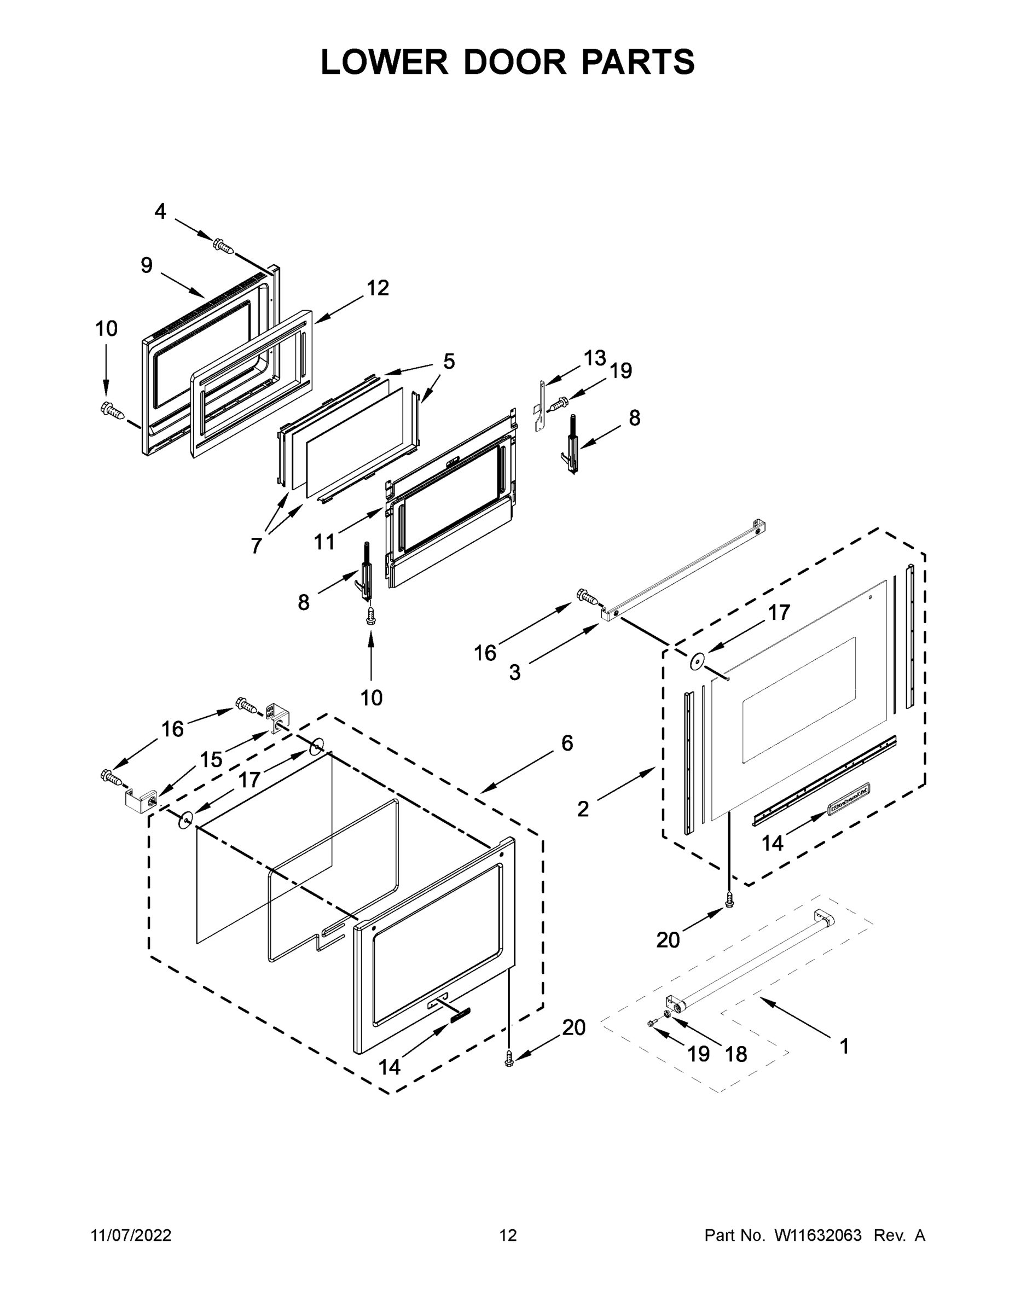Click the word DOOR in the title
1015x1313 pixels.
click(x=515, y=62)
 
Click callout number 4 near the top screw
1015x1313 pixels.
click(x=160, y=211)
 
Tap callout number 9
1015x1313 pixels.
click(x=147, y=265)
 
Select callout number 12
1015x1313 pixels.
click(x=378, y=288)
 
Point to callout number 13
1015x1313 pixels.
click(x=594, y=358)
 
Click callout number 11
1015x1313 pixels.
click(x=324, y=542)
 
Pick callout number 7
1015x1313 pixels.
click(x=256, y=545)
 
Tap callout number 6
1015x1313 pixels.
click(x=567, y=743)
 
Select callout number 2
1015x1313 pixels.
click(x=583, y=809)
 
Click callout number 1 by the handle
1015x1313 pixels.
click(x=844, y=1046)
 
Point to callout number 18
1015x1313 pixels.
click(x=736, y=1054)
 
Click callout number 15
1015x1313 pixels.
click(x=211, y=759)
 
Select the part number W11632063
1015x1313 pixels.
click(x=818, y=1235)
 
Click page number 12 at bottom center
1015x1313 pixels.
click(x=508, y=1235)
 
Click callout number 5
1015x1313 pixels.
click(x=449, y=361)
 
